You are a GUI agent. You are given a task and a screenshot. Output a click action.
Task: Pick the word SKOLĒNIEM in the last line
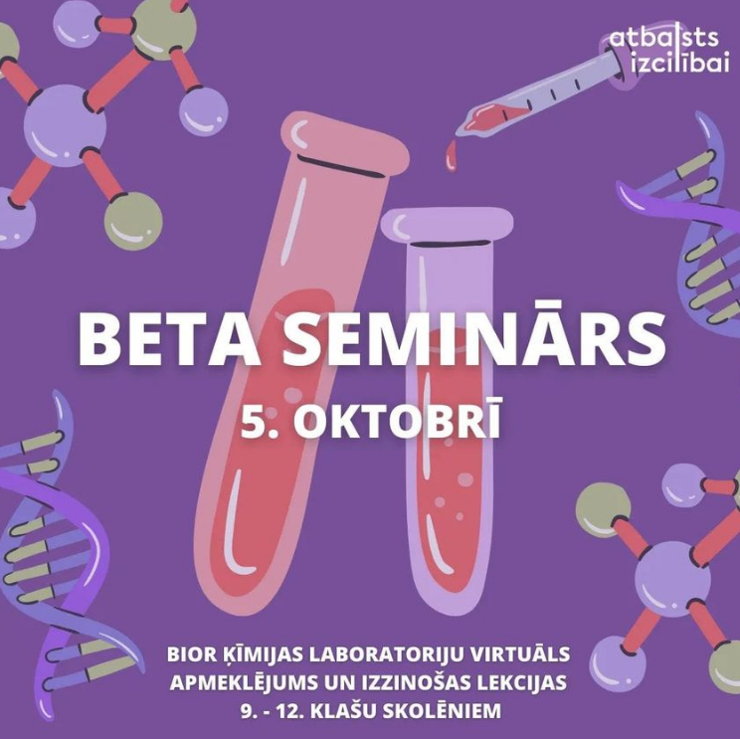click(442, 710)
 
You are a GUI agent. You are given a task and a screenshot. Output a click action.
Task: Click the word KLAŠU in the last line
click(343, 710)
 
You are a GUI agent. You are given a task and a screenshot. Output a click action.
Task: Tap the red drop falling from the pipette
click(452, 155)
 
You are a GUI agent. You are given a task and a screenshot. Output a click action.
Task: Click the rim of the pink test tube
click(345, 141)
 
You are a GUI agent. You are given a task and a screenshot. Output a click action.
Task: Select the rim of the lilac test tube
click(447, 225)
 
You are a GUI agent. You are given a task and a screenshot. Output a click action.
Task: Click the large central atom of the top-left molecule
click(65, 125)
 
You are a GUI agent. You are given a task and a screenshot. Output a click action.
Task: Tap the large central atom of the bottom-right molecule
click(672, 579)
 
